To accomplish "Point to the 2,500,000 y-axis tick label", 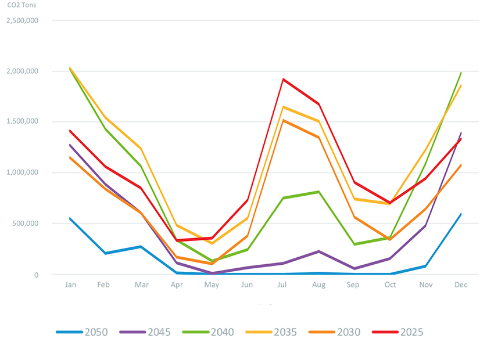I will point(22,20).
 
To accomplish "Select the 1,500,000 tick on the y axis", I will point(22,122).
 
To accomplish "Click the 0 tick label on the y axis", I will point(36,275).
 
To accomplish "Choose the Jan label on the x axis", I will point(70,285).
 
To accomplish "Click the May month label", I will point(212,285).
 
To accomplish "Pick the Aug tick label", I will point(318,285).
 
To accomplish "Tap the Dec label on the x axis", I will point(461,285).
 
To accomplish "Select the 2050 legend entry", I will point(84,332).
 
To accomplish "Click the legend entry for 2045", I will point(148,332).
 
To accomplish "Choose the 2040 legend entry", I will point(211,332).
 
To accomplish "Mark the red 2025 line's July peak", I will point(284,79).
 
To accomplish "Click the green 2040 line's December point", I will point(461,73).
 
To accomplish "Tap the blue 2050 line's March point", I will point(141,247).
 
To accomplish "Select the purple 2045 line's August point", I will point(318,251).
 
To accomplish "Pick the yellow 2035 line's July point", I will point(284,107).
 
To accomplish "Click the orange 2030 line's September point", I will point(354,217).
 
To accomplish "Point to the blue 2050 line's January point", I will point(70,218).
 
